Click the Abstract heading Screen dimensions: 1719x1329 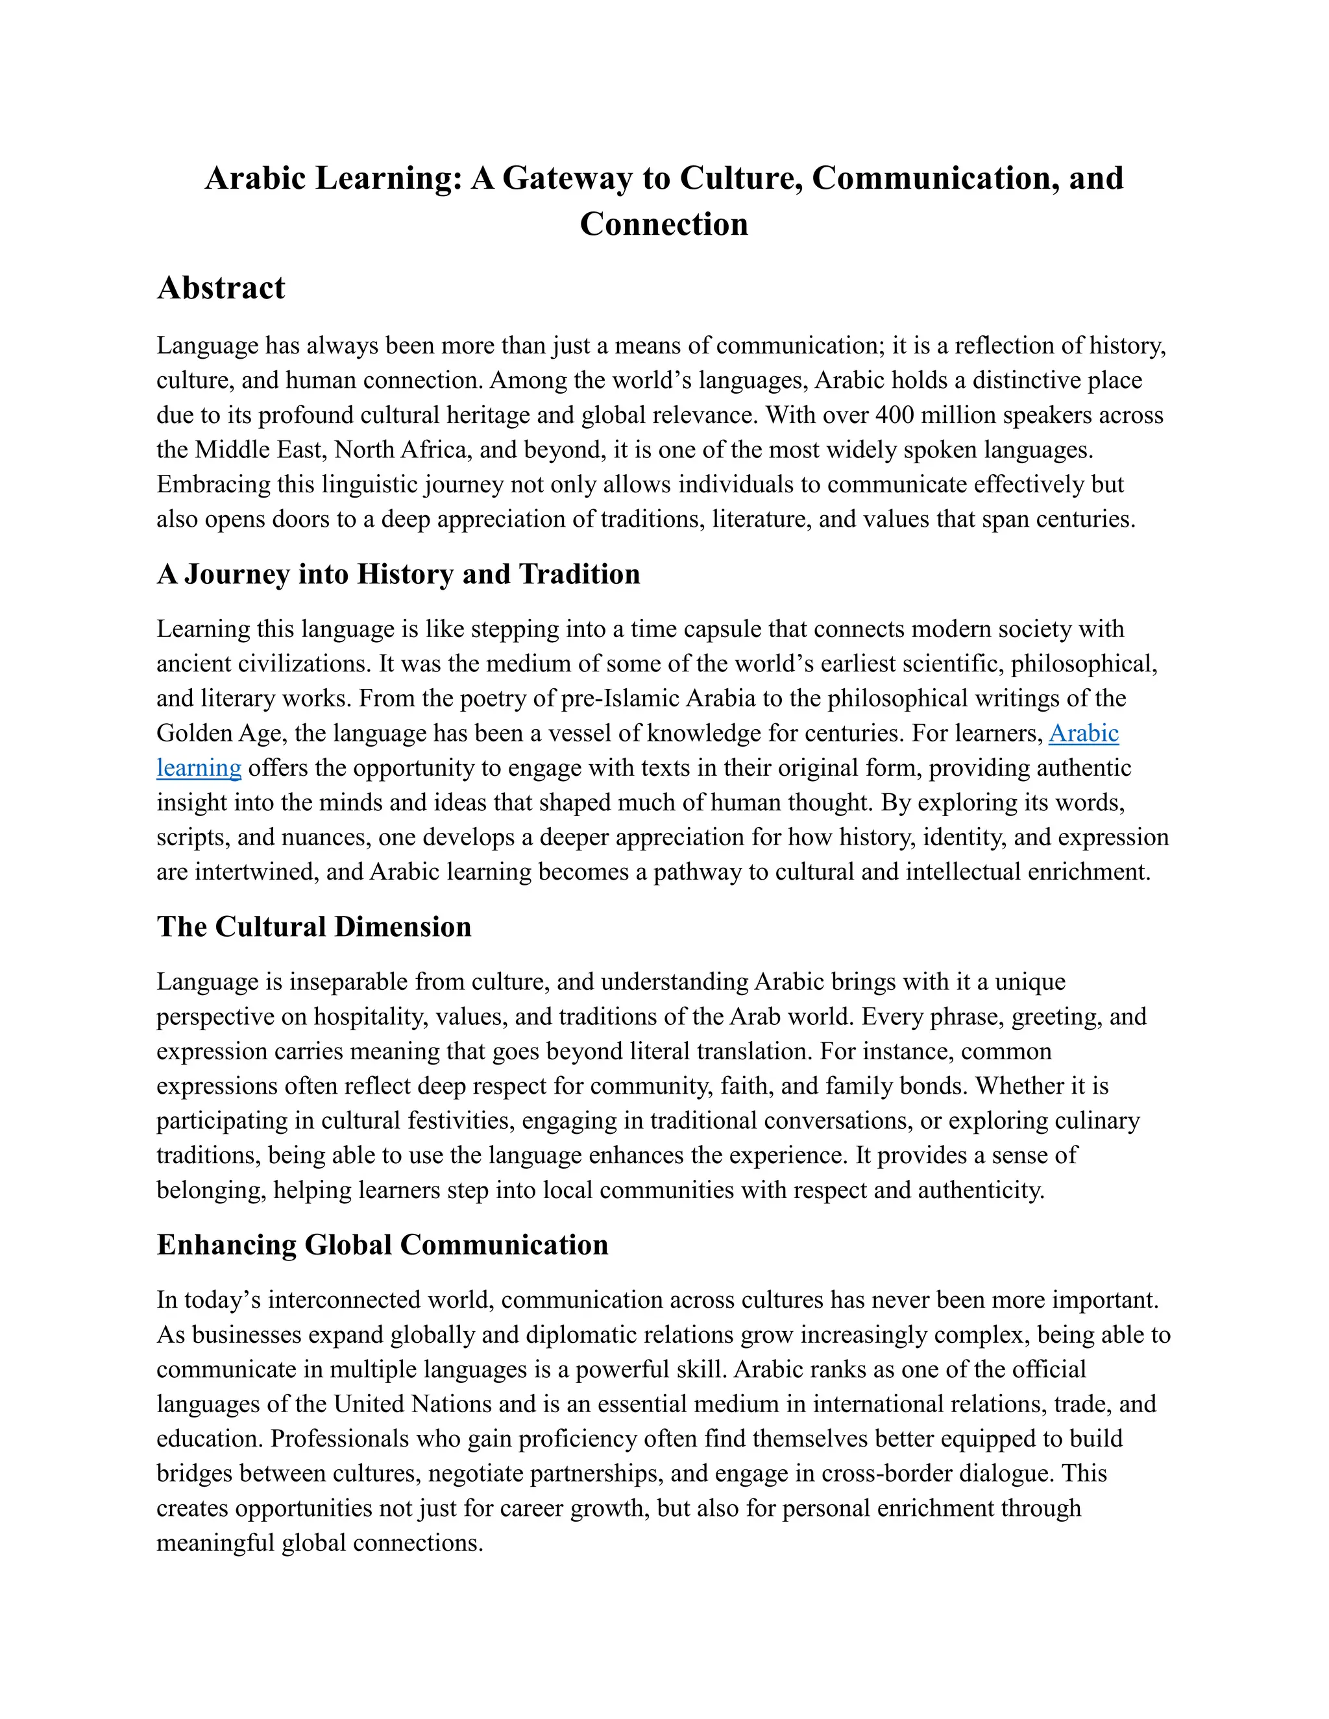click(x=221, y=288)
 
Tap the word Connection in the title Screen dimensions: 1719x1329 click(x=664, y=224)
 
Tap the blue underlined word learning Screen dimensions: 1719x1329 click(x=199, y=768)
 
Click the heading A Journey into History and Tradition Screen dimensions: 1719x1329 click(x=398, y=574)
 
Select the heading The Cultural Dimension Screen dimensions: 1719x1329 click(x=314, y=926)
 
